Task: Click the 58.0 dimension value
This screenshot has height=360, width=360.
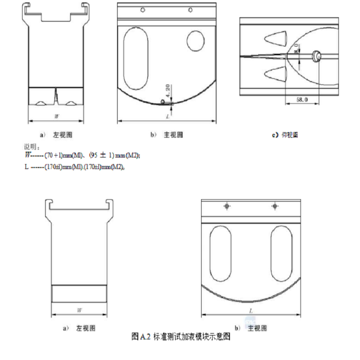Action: pyautogui.click(x=302, y=100)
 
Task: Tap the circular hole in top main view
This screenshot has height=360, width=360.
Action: pyautogui.click(x=195, y=40)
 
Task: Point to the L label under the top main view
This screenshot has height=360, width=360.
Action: pyautogui.click(x=167, y=117)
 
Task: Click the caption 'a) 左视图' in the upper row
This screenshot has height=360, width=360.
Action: pyautogui.click(x=57, y=135)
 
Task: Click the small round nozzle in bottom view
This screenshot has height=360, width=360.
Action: pyautogui.click(x=317, y=56)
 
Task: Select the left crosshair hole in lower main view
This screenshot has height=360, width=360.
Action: pyautogui.click(x=227, y=206)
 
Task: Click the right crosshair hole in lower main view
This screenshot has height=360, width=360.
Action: pyautogui.click(x=275, y=206)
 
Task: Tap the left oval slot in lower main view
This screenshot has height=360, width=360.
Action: pyautogui.click(x=221, y=254)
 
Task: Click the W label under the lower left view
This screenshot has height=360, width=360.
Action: pyautogui.click(x=80, y=310)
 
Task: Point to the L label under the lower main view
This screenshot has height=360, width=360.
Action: pyautogui.click(x=251, y=310)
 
